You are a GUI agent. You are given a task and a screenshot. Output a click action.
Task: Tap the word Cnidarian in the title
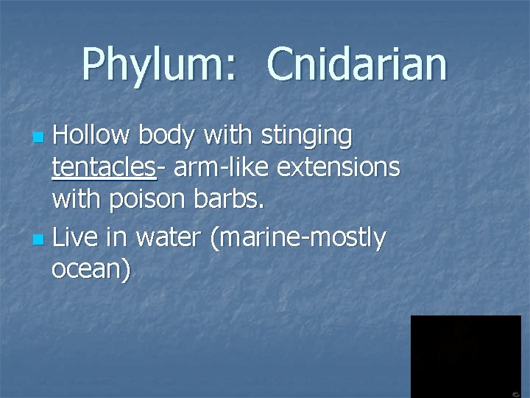(x=357, y=65)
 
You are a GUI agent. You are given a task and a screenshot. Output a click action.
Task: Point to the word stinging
(x=310, y=137)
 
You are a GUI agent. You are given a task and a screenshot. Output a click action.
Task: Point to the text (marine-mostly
(x=298, y=239)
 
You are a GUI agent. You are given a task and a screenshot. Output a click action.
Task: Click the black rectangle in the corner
(x=465, y=356)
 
